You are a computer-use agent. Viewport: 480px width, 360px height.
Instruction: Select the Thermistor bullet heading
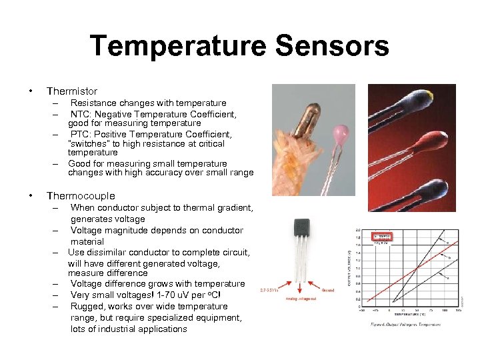(x=71, y=91)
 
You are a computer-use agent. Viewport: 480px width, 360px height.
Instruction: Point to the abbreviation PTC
(x=82, y=134)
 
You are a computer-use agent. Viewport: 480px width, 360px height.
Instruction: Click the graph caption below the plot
(x=406, y=325)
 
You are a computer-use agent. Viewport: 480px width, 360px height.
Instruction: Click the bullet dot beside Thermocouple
(x=30, y=196)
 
